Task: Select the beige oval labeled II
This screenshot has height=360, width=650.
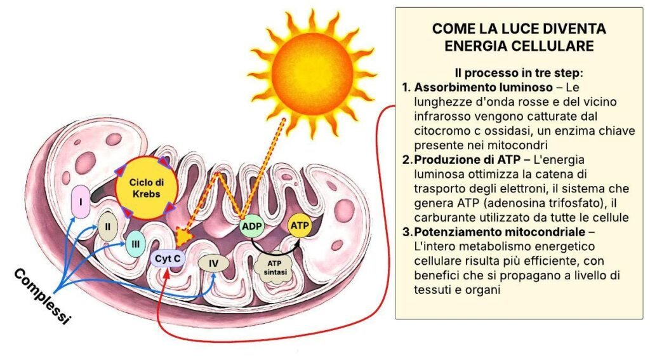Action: (108, 226)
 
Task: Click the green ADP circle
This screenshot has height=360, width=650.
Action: (251, 225)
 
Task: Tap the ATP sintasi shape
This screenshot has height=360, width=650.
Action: (275, 267)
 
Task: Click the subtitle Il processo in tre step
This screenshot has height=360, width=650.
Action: (519, 72)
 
